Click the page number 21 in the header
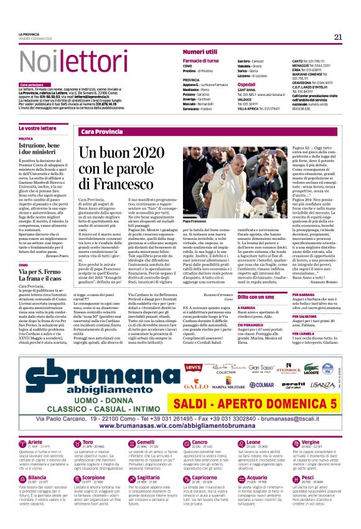click(x=338, y=37)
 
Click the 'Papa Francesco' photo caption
click(x=197, y=221)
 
